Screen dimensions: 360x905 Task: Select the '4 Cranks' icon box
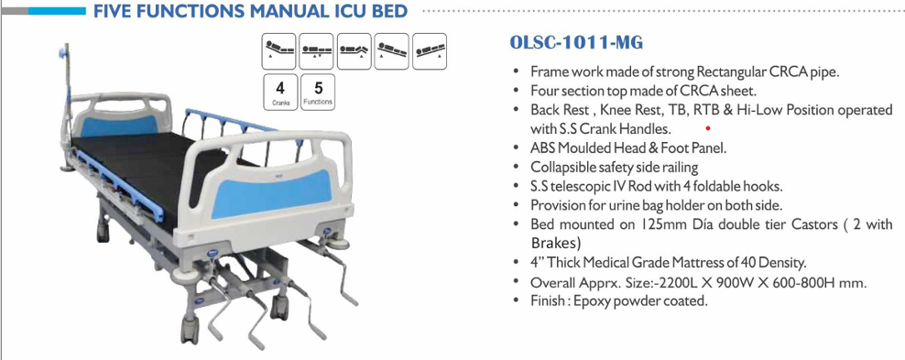click(280, 93)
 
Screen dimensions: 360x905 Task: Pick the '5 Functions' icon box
click(318, 93)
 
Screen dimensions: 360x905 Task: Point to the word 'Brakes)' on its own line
click(556, 244)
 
